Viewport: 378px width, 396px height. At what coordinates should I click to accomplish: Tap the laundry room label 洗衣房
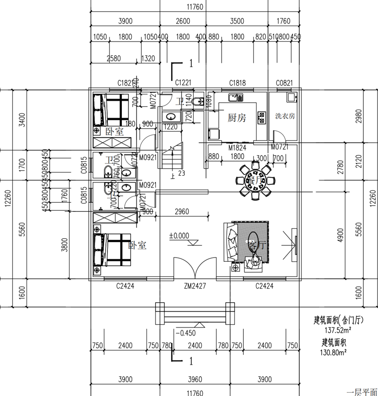(285, 116)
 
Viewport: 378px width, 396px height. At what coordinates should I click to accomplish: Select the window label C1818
(238, 83)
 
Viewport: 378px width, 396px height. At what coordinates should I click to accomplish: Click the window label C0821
(284, 83)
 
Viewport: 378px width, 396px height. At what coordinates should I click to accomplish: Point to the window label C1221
(183, 83)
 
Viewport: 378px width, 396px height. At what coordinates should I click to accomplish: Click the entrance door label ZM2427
(194, 286)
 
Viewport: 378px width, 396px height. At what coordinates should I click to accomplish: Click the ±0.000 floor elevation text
(179, 235)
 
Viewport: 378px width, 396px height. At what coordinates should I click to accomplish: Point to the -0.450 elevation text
(185, 333)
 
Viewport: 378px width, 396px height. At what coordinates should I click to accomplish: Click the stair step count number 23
(181, 173)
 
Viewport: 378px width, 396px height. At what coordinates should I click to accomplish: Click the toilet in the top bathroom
(200, 101)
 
